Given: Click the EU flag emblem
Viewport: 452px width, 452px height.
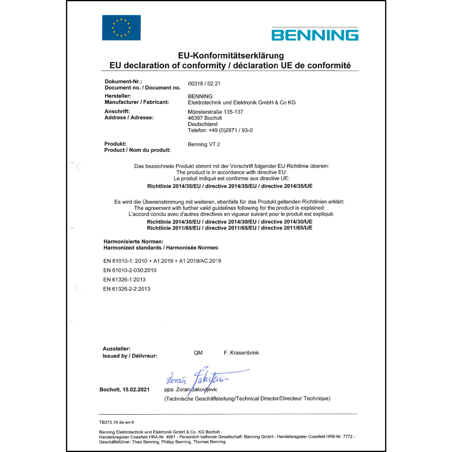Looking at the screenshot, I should coord(121,28).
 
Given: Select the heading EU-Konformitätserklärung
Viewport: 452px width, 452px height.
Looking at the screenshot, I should coord(231,55).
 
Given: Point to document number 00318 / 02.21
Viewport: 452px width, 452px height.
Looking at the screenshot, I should coord(204,84).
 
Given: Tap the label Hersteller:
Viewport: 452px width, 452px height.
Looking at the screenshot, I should coord(118,96).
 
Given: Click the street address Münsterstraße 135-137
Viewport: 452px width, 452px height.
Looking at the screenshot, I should coord(215,112).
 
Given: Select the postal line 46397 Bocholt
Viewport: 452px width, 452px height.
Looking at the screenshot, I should coord(205,118).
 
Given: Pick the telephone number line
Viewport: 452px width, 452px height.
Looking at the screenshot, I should coord(220,130).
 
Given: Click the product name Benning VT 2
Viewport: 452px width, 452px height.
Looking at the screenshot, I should coord(204,144).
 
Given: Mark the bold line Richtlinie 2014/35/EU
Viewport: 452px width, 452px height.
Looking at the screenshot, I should coord(230,186).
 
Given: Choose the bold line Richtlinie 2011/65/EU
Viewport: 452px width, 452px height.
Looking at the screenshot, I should coord(230,228).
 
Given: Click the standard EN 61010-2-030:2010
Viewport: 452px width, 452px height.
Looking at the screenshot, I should coord(130,270).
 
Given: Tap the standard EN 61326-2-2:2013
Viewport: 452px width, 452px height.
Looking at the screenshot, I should coord(127,289).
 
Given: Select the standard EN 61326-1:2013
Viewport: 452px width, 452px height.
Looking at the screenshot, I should coord(124,280).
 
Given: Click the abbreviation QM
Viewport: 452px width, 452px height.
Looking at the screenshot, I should coord(198,353).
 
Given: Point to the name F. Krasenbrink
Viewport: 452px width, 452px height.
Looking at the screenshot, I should coord(241,353).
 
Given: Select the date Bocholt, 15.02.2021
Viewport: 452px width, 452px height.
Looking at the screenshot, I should coord(124,390).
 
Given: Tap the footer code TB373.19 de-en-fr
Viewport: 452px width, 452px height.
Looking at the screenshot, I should coord(117,422).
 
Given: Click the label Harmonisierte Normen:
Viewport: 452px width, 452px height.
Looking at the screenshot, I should coord(133,241).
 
